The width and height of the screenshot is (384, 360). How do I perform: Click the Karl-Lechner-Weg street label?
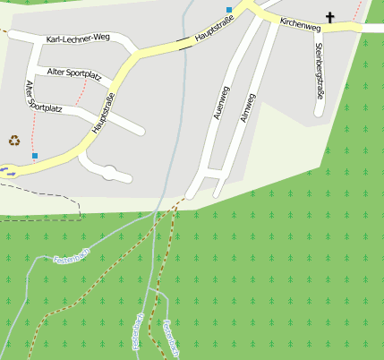[77, 39]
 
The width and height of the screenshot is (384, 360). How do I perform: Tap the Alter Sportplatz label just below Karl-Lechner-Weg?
[74, 71]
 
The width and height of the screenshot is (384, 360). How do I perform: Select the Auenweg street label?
[218, 103]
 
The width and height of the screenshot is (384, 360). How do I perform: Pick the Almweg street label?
[249, 107]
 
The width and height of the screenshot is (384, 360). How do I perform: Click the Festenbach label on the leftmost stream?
[72, 258]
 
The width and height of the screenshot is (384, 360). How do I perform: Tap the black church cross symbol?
[329, 17]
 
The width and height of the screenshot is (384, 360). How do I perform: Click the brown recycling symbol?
[14, 140]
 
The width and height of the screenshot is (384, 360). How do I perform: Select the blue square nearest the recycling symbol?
[35, 156]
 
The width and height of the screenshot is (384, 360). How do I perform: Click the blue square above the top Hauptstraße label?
[230, 10]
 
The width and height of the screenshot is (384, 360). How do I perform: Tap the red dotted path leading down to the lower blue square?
[33, 134]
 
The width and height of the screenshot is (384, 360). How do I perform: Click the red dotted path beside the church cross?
[360, 11]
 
